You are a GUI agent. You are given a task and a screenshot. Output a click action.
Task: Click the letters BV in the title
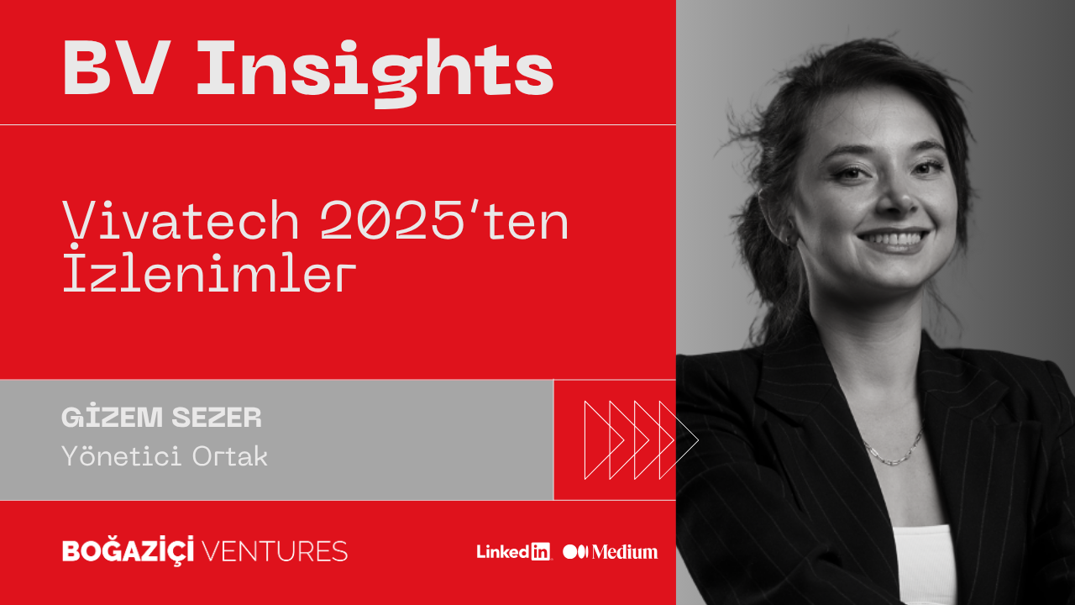click(117, 67)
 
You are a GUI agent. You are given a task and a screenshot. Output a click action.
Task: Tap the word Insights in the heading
click(375, 73)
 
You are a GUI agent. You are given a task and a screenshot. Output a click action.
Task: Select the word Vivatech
click(181, 220)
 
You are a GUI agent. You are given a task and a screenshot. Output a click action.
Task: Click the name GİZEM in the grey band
click(113, 416)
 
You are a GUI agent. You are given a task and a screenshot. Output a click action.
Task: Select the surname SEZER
click(217, 417)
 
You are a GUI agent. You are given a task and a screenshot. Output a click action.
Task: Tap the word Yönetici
click(122, 455)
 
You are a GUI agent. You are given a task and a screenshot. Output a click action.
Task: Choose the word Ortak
click(230, 455)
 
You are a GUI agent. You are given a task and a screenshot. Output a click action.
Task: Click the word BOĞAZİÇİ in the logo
click(128, 550)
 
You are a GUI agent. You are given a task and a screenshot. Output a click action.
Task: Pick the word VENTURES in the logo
click(275, 551)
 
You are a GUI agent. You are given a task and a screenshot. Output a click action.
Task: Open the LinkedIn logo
click(513, 552)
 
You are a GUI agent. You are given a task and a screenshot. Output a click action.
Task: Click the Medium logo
click(610, 552)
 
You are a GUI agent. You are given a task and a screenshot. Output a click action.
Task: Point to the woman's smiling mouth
click(893, 239)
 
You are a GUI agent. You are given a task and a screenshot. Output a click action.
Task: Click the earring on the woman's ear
click(790, 240)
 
